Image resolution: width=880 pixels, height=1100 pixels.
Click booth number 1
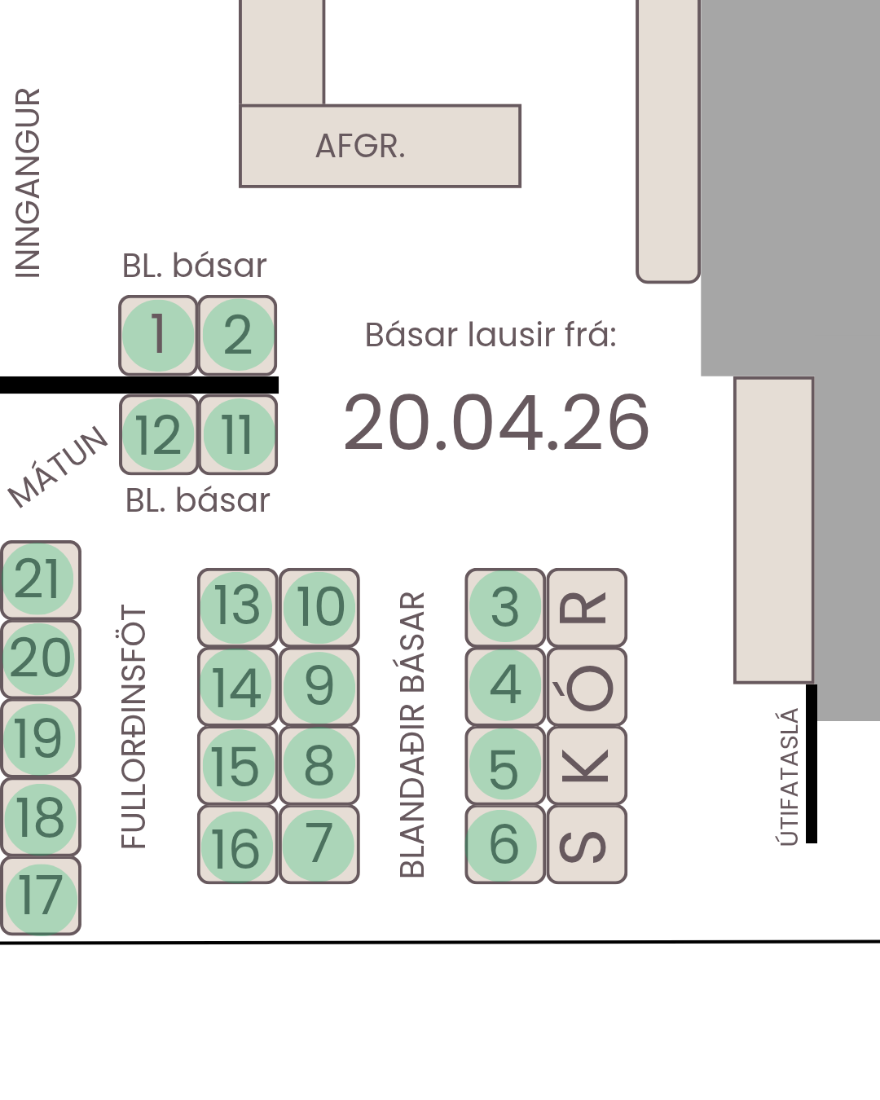click(158, 336)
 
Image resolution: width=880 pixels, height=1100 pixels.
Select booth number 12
click(159, 435)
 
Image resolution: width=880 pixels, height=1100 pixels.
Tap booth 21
click(41, 579)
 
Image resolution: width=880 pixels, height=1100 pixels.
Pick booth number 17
click(41, 896)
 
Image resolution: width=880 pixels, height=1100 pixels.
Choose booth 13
click(237, 607)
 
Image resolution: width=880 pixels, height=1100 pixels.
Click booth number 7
click(319, 844)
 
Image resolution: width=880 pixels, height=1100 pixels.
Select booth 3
click(505, 607)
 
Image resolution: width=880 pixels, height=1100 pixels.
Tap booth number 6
click(505, 844)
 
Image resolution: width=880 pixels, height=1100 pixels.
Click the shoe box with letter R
click(587, 607)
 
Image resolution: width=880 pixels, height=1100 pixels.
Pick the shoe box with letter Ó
click(587, 686)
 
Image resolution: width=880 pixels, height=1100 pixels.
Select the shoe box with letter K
click(587, 765)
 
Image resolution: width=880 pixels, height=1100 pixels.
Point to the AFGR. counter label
click(360, 146)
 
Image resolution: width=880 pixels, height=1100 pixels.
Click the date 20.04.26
click(496, 423)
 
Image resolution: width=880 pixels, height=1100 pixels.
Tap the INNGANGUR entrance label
click(28, 183)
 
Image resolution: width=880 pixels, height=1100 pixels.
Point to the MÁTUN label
click(58, 467)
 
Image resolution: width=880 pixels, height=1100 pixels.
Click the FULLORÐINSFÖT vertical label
click(133, 726)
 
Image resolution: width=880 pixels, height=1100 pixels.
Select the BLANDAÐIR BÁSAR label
click(411, 734)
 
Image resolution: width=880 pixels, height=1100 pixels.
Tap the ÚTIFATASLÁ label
click(788, 777)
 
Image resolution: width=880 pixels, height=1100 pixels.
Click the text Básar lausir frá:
click(491, 336)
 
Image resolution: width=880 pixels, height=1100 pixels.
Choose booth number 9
click(319, 686)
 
